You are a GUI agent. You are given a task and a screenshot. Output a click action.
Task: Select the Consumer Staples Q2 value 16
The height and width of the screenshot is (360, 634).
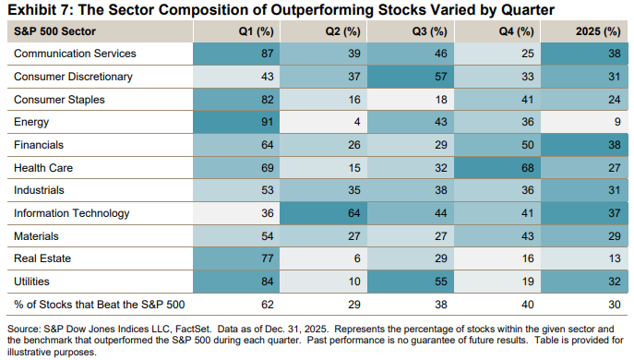(338, 99)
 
